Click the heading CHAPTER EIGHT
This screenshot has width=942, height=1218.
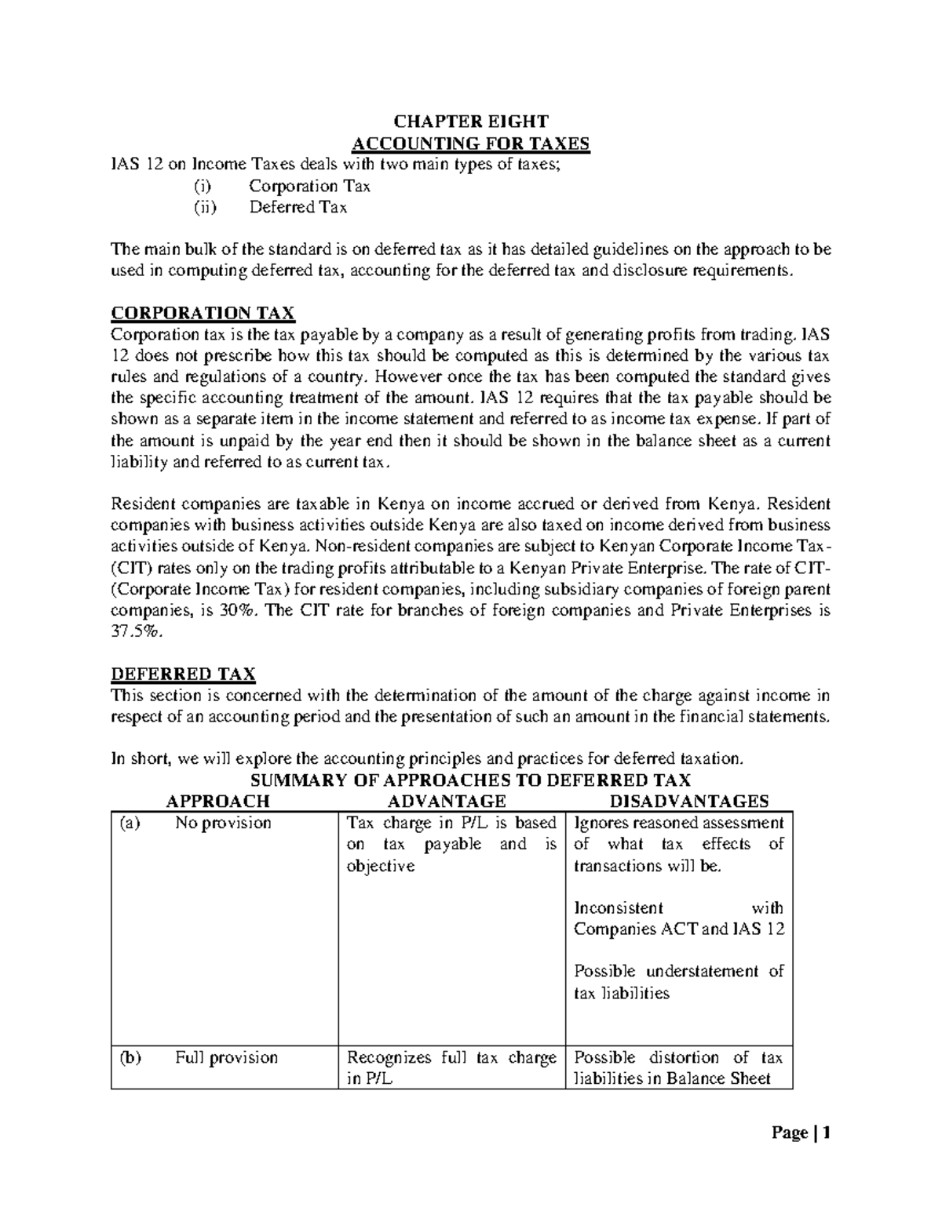(x=470, y=122)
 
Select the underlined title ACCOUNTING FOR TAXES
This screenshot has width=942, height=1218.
(x=470, y=143)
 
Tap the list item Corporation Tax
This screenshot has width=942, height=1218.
(x=309, y=186)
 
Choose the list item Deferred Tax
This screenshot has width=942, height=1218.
(x=298, y=207)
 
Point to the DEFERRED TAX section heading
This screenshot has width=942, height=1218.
(x=183, y=674)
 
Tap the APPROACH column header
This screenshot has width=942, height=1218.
(x=218, y=801)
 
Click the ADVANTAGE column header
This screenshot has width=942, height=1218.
(x=447, y=801)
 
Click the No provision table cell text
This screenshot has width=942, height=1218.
(x=223, y=823)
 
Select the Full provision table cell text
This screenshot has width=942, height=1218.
(x=226, y=1057)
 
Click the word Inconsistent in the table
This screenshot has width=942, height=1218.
(x=619, y=908)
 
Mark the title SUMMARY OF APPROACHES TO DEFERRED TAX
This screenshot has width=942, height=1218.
(x=469, y=780)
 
